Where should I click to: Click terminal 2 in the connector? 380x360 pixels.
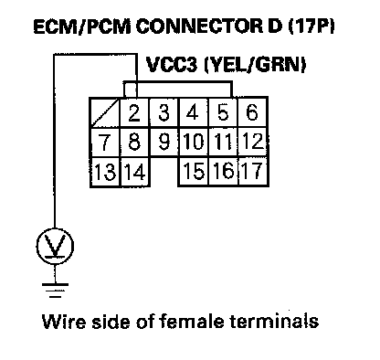point(134,112)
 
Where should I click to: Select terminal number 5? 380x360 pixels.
point(223,112)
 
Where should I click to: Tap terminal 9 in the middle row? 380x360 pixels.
point(164,142)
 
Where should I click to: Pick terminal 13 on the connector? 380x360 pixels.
point(105,172)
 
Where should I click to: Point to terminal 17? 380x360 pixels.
point(253,171)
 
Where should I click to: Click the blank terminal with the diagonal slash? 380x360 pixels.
point(105,112)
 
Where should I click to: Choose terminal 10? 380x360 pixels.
point(194,142)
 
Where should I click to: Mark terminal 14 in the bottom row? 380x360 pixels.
point(135,172)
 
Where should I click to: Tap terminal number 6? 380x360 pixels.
point(253,112)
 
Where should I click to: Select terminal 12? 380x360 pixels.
point(253,142)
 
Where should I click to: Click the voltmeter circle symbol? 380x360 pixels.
point(55,246)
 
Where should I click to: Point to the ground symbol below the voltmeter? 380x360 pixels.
point(55,290)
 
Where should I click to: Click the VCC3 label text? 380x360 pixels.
point(172,65)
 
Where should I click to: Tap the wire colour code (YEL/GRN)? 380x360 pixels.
point(255,65)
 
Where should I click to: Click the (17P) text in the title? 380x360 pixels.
point(311,26)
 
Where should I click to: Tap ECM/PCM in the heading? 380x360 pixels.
point(81,26)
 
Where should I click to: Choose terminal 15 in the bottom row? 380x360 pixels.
point(194,171)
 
